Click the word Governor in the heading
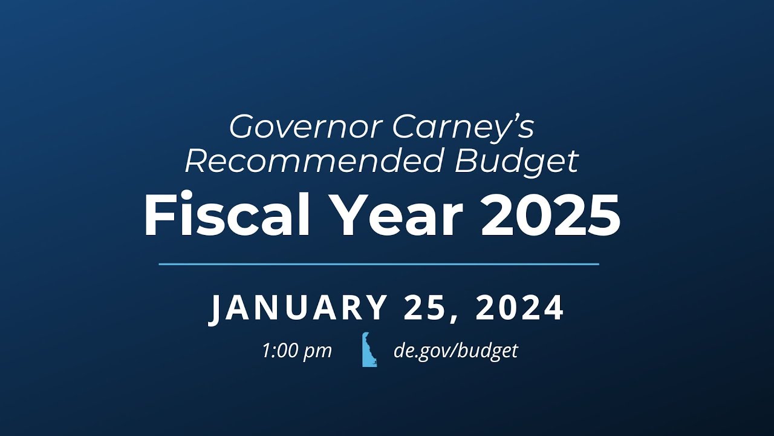[305, 127]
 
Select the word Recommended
[314, 160]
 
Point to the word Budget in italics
[517, 160]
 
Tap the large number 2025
[550, 217]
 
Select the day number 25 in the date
[425, 308]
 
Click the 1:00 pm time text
[297, 351]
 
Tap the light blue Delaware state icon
[369, 350]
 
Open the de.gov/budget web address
[455, 351]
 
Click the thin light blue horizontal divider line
[379, 264]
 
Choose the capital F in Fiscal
[158, 217]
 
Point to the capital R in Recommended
[197, 160]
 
